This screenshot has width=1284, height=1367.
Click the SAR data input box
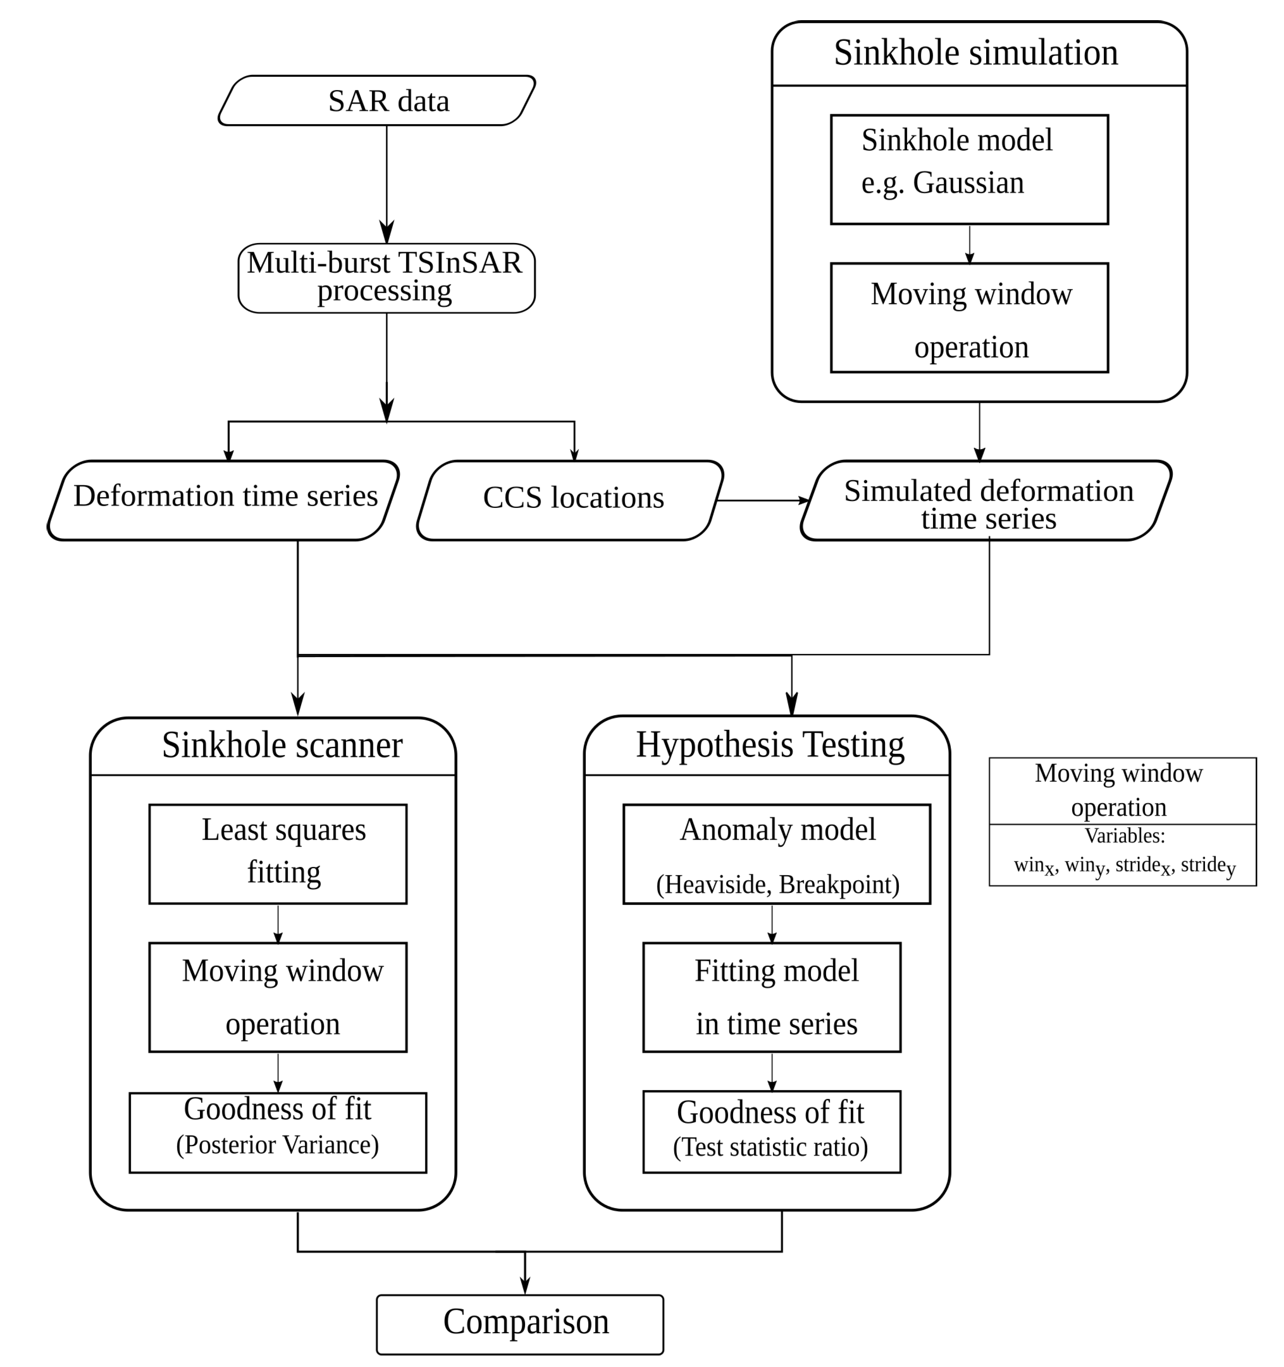point(377,100)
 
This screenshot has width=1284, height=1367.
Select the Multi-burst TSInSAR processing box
point(386,278)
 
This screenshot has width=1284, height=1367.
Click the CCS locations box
point(570,500)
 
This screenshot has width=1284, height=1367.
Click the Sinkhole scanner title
point(282,745)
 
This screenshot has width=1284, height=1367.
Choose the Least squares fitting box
point(277,853)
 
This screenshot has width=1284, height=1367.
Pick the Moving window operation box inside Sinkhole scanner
point(277,996)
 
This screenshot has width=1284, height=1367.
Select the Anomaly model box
point(776,853)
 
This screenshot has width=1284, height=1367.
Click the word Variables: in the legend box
point(1124,836)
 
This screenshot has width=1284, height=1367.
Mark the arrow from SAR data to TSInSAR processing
point(386,182)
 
